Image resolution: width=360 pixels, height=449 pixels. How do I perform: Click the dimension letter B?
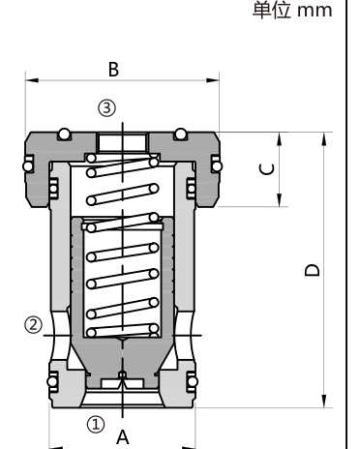(x=113, y=70)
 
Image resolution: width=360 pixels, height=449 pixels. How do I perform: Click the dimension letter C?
(x=267, y=169)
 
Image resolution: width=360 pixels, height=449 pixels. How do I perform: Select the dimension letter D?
(x=313, y=270)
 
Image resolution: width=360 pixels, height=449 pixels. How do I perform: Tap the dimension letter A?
(x=123, y=437)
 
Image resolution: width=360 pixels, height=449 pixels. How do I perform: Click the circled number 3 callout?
(x=106, y=107)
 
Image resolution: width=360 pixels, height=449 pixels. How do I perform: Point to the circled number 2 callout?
(x=33, y=325)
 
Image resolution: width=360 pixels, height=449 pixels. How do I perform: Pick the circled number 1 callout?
(x=96, y=424)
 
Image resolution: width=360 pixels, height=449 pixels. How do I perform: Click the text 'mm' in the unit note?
(x=315, y=12)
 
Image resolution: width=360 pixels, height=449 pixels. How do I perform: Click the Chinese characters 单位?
(x=272, y=11)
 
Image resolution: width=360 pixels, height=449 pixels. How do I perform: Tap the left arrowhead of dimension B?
(x=32, y=80)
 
